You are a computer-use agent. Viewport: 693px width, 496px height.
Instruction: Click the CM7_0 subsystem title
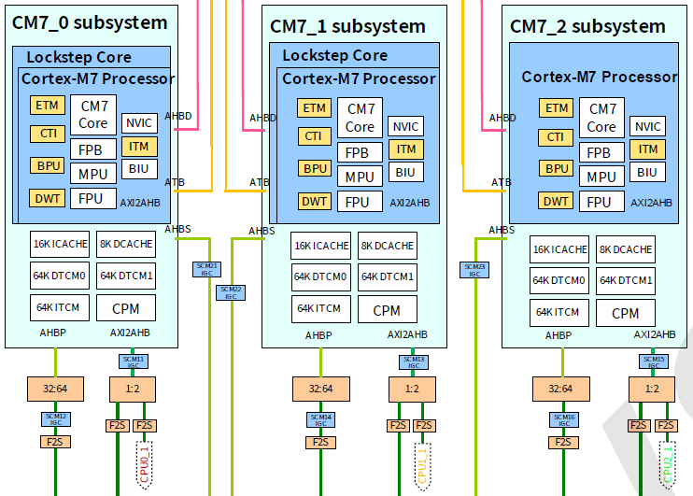[x=90, y=23]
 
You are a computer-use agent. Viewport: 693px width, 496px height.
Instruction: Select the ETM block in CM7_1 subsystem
[x=315, y=107]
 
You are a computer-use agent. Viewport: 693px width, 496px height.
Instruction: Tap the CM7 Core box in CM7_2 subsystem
[x=601, y=118]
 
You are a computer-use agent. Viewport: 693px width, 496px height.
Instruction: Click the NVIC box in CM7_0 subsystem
[x=138, y=123]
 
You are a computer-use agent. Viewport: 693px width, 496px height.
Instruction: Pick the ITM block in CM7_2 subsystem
[x=647, y=149]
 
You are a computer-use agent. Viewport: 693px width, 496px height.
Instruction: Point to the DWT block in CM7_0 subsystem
[x=47, y=198]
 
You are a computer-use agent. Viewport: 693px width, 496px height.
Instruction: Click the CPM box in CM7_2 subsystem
[x=625, y=313]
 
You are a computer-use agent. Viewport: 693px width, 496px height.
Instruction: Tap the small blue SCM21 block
[x=206, y=270]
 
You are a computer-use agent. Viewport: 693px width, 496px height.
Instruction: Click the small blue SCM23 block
[x=474, y=270]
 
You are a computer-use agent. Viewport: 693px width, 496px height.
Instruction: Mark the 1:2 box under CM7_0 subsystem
[x=133, y=388]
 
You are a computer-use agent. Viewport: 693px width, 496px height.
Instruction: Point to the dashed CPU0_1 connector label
[x=144, y=462]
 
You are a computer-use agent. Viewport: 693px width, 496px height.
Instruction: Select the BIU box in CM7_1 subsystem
[x=404, y=172]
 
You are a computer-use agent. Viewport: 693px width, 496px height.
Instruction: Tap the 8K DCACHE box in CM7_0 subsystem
[x=125, y=245]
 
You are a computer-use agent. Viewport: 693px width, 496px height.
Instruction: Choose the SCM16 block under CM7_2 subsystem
[x=563, y=418]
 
